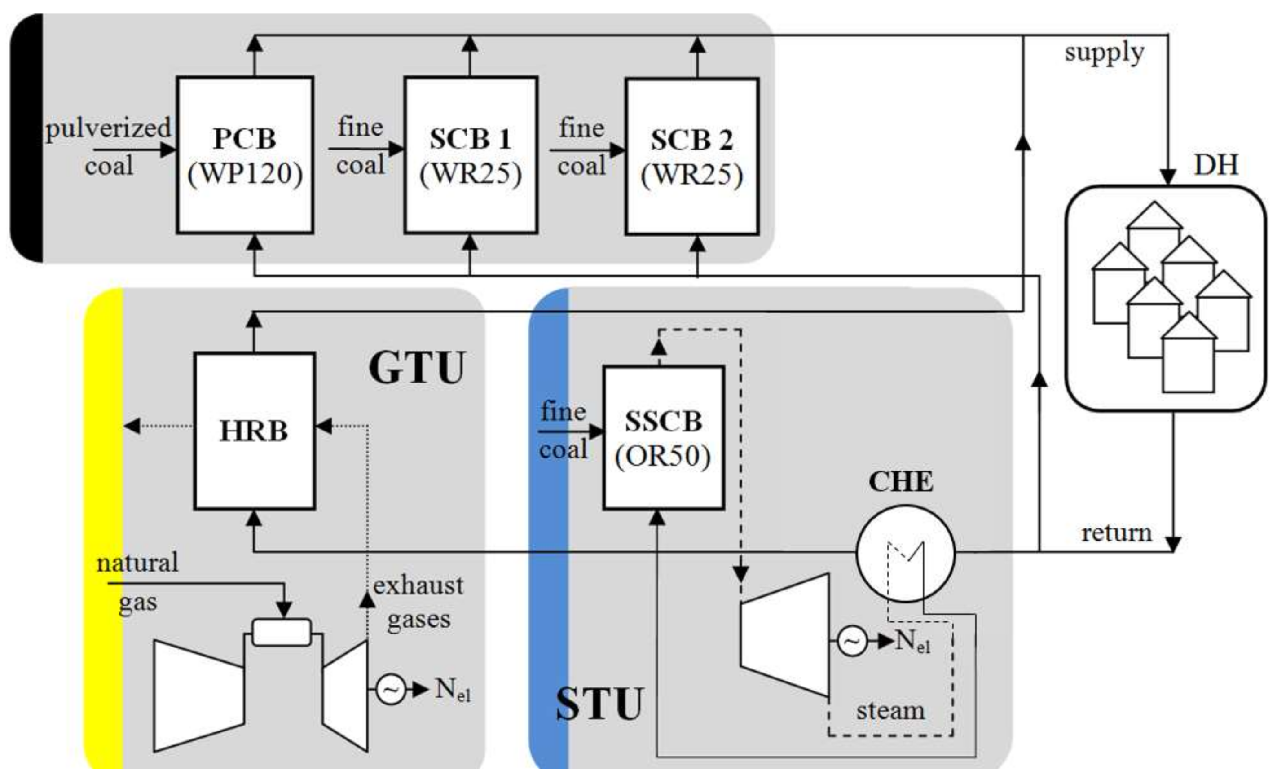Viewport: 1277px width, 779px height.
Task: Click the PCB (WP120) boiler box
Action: (x=245, y=155)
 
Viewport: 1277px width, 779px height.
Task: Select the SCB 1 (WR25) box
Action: (x=471, y=155)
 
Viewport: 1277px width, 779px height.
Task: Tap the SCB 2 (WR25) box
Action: (x=692, y=156)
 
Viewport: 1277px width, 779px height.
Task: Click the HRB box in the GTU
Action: (x=255, y=431)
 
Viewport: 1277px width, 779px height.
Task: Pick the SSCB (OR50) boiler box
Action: (x=664, y=437)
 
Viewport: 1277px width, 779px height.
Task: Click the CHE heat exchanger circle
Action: (x=905, y=553)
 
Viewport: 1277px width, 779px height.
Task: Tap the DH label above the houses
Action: (x=1216, y=165)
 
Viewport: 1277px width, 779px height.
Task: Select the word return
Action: (x=1117, y=533)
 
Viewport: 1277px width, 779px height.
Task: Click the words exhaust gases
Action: (x=418, y=602)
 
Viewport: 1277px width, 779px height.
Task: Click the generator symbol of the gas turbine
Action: (x=390, y=689)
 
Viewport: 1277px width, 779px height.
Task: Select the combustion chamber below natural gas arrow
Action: (x=282, y=632)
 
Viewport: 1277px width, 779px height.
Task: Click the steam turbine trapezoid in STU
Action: (x=784, y=634)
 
